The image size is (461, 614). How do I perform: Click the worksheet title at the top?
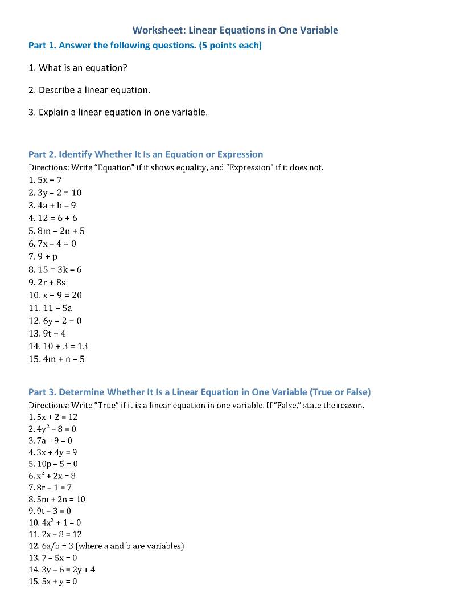[x=235, y=30]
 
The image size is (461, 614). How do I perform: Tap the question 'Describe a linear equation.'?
[x=89, y=90]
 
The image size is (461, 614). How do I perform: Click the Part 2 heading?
[x=146, y=154]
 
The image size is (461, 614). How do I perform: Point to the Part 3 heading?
[x=199, y=392]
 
